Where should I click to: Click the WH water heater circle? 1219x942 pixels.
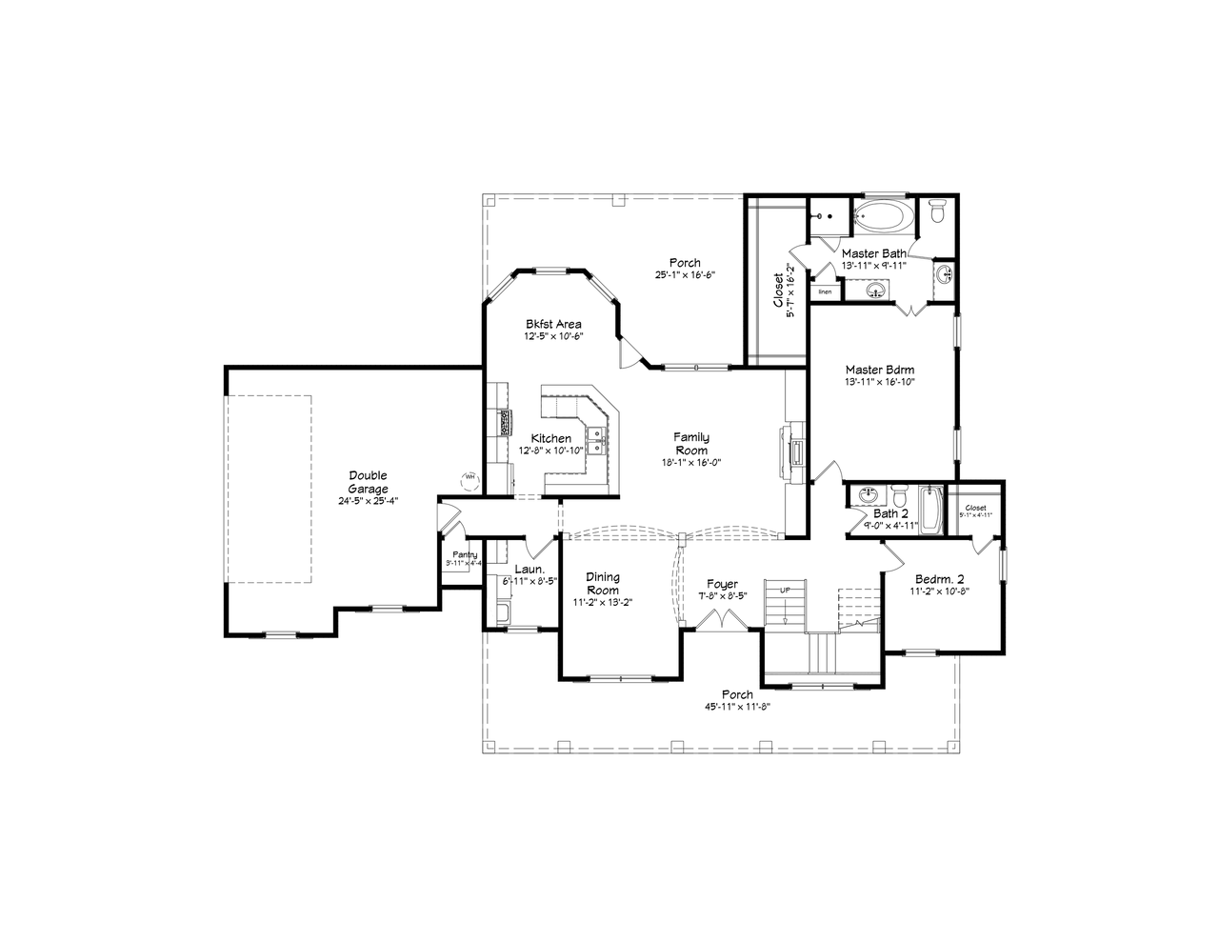470,479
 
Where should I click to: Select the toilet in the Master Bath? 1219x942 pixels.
936,210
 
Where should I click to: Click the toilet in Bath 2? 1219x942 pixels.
898,497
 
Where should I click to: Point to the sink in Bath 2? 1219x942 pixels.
869,495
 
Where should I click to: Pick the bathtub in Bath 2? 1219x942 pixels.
929,510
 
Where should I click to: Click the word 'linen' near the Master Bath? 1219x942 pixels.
825,291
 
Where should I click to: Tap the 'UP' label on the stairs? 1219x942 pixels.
785,591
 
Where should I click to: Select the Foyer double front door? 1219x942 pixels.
723,619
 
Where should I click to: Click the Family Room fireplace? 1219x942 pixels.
792,448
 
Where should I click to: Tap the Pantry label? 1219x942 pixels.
465,554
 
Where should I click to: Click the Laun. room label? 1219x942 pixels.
529,570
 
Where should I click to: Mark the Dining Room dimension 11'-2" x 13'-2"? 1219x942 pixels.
603,603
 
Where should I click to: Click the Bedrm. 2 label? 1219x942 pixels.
940,578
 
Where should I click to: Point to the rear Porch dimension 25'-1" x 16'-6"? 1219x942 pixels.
684,275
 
